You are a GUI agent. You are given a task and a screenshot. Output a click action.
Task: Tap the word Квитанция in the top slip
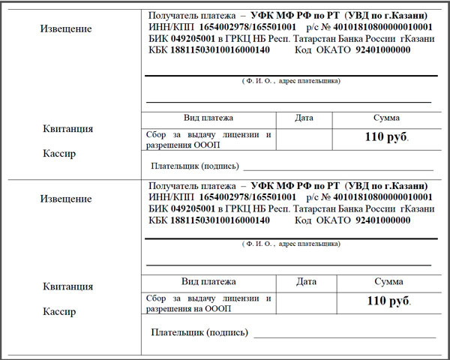click(67, 128)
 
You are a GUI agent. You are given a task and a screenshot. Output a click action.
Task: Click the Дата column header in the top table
click(304, 118)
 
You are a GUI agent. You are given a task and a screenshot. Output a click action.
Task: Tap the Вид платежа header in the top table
click(208, 118)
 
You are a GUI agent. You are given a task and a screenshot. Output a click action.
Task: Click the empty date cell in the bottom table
click(306, 302)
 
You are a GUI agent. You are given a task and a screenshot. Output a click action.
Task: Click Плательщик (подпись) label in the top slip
click(194, 166)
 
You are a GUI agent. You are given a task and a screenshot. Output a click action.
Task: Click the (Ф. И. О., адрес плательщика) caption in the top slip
click(290, 80)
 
